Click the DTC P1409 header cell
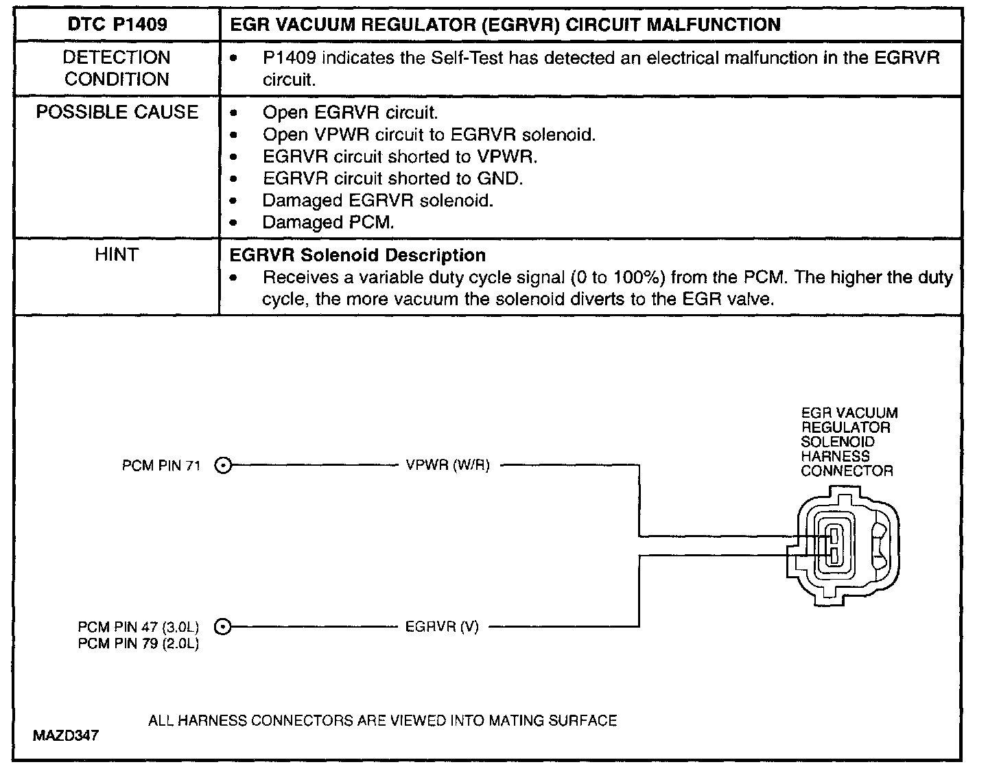117,25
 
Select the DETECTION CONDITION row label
117,68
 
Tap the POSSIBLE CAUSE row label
117,112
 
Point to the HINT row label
117,255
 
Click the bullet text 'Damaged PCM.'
329,222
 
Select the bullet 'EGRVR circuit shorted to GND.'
392,178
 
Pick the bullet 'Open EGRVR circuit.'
350,112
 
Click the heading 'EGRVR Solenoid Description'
357,255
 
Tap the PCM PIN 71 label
161,466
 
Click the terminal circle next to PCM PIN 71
223,466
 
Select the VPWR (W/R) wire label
447,466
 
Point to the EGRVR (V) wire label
442,626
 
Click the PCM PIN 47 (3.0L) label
138,627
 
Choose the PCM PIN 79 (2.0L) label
138,644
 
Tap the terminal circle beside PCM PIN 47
223,626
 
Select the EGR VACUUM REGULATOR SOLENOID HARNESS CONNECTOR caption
848,442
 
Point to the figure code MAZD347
65,736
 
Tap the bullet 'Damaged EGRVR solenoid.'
378,200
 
